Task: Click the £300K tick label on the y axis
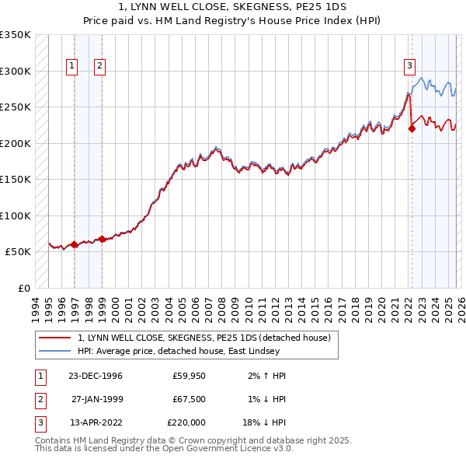pyautogui.click(x=16, y=71)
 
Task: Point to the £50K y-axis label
pyautogui.click(x=18, y=252)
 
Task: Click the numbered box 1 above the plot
pyautogui.click(x=71, y=67)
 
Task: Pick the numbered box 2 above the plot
pyautogui.click(x=100, y=67)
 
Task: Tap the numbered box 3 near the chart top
pyautogui.click(x=409, y=67)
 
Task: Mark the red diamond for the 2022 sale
pyautogui.click(x=412, y=129)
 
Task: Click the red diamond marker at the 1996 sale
pyautogui.click(x=75, y=244)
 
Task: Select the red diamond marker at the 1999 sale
pyautogui.click(x=102, y=239)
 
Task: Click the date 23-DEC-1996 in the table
pyautogui.click(x=95, y=376)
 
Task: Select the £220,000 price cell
pyautogui.click(x=186, y=422)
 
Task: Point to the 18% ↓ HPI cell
pyautogui.click(x=264, y=422)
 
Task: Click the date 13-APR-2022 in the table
pyautogui.click(x=95, y=422)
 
